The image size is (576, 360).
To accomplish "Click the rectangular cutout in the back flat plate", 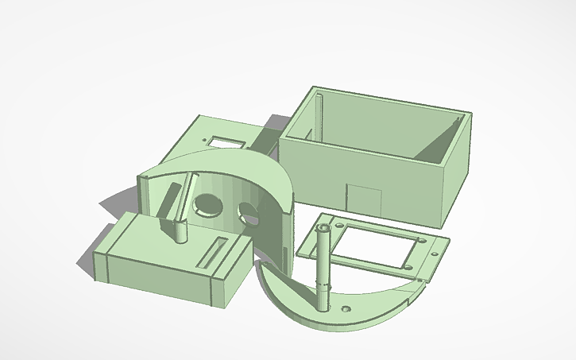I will click(227, 142).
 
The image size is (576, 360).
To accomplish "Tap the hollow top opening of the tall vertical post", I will click(323, 227).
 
